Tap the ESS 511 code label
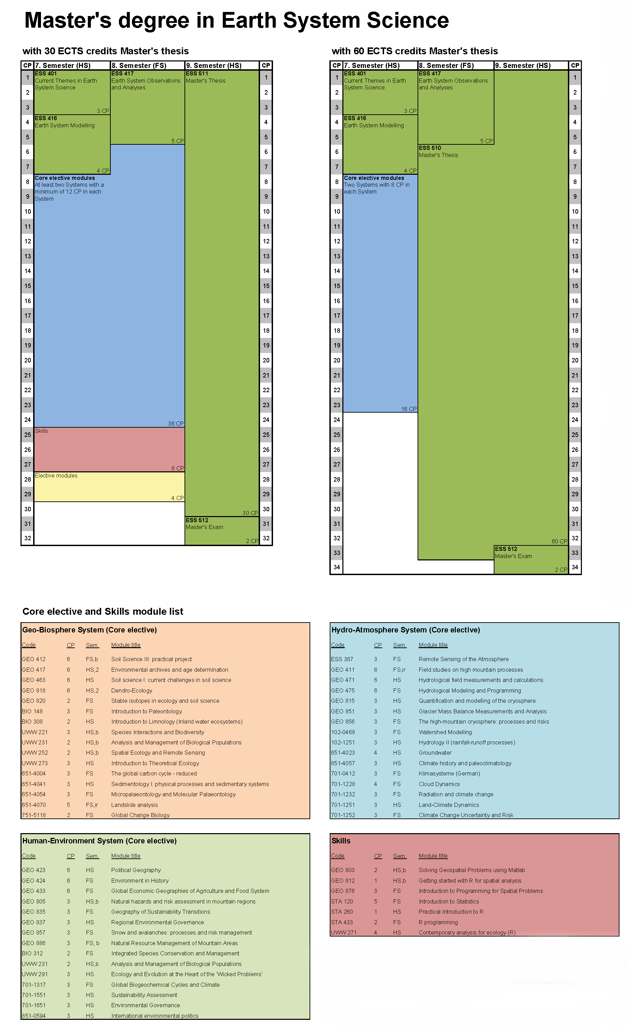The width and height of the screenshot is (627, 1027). pyautogui.click(x=196, y=73)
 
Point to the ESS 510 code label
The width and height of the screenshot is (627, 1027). pyautogui.click(x=430, y=148)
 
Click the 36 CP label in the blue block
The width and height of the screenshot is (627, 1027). pyautogui.click(x=176, y=424)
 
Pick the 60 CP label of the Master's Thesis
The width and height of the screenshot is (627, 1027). pyautogui.click(x=559, y=541)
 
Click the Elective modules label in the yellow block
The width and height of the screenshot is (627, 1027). pyautogui.click(x=56, y=475)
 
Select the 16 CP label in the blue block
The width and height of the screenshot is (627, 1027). pyautogui.click(x=408, y=409)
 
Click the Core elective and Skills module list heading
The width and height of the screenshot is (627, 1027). pyautogui.click(x=103, y=611)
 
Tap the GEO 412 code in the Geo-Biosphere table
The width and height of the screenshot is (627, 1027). pyautogui.click(x=33, y=659)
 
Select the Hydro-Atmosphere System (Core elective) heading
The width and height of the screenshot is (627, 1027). pyautogui.click(x=406, y=630)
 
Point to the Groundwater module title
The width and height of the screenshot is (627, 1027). pyautogui.click(x=435, y=753)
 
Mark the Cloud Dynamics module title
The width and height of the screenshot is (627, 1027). pyautogui.click(x=439, y=784)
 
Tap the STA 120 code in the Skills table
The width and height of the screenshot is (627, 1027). pyautogui.click(x=342, y=901)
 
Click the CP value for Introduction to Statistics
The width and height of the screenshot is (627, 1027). pyautogui.click(x=376, y=901)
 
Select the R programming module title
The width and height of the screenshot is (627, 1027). pyautogui.click(x=438, y=922)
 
